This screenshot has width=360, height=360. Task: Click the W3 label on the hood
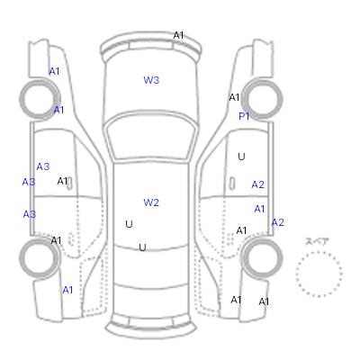[151, 80]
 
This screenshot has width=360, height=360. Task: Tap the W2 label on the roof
[151, 202]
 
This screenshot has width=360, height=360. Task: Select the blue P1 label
[244, 116]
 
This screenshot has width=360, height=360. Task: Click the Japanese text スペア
[317, 241]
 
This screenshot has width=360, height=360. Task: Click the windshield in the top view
[151, 137]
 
